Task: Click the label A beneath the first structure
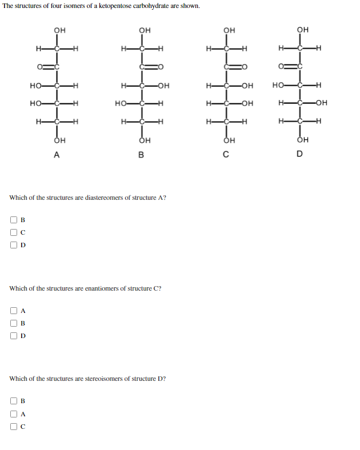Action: pos(55,154)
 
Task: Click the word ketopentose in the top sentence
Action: pos(118,6)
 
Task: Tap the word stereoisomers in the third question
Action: pos(105,379)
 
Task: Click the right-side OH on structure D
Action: pos(321,103)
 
